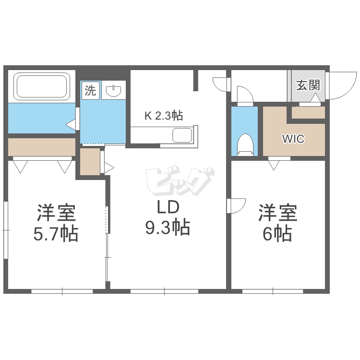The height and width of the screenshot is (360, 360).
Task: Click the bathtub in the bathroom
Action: [42, 86]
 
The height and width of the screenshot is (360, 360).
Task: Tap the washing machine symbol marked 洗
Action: [90, 90]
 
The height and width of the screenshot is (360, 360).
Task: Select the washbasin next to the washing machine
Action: [113, 90]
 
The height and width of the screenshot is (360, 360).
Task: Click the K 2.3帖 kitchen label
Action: [164, 116]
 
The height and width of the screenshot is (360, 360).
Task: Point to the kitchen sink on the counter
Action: [182, 135]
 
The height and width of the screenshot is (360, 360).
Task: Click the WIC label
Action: [293, 139]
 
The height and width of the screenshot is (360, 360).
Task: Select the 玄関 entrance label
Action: [308, 85]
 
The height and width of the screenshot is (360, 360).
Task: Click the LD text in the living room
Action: [168, 207]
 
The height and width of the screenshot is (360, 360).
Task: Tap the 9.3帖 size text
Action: [168, 228]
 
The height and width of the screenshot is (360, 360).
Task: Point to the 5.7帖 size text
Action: [56, 234]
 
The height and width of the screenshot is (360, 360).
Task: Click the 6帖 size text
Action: [277, 234]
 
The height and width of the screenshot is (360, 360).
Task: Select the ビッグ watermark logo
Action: [180, 180]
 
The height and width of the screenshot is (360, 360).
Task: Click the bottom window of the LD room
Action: [164, 291]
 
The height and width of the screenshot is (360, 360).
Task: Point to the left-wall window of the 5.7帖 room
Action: [6, 230]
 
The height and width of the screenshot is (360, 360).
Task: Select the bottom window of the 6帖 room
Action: [273, 291]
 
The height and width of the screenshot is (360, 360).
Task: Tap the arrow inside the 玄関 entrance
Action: [315, 98]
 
